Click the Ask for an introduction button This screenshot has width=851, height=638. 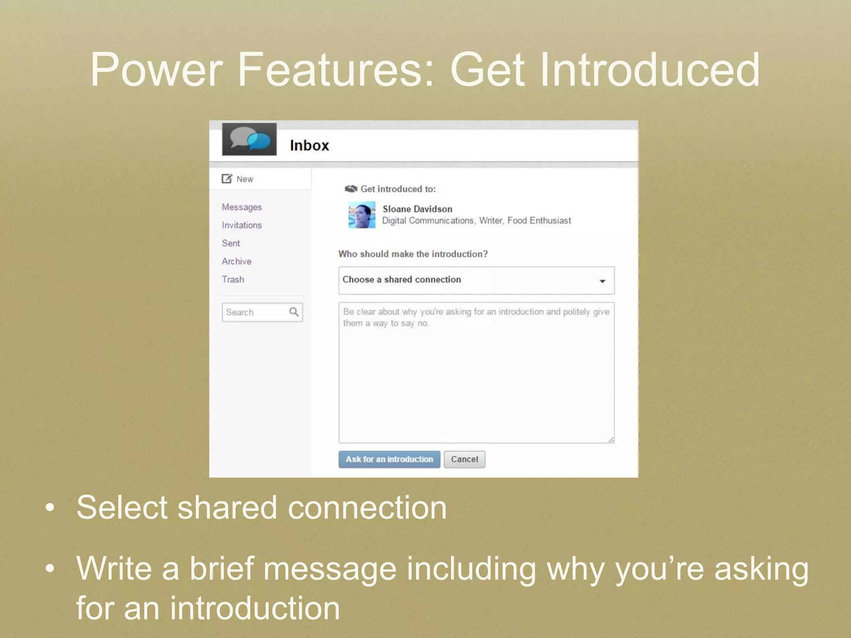click(x=389, y=459)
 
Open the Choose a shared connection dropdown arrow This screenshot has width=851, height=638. click(x=602, y=281)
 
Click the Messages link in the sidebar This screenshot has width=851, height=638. click(x=241, y=207)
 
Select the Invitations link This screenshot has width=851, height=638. click(x=241, y=225)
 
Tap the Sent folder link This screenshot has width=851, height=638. click(x=231, y=243)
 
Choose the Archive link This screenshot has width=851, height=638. click(x=236, y=261)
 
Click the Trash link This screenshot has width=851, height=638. click(x=233, y=280)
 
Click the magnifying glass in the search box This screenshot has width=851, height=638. click(x=294, y=312)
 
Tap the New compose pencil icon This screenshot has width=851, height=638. click(x=226, y=179)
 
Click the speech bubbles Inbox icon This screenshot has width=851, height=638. click(x=249, y=140)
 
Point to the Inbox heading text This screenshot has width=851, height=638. click(x=309, y=145)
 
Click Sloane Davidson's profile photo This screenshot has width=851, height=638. click(x=362, y=215)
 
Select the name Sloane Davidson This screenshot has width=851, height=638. click(x=417, y=209)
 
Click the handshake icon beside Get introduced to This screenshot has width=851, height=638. click(x=351, y=189)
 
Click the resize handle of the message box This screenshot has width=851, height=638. click(x=611, y=440)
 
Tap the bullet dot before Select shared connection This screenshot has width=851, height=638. click(x=50, y=508)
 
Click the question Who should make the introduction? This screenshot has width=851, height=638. click(x=413, y=254)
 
